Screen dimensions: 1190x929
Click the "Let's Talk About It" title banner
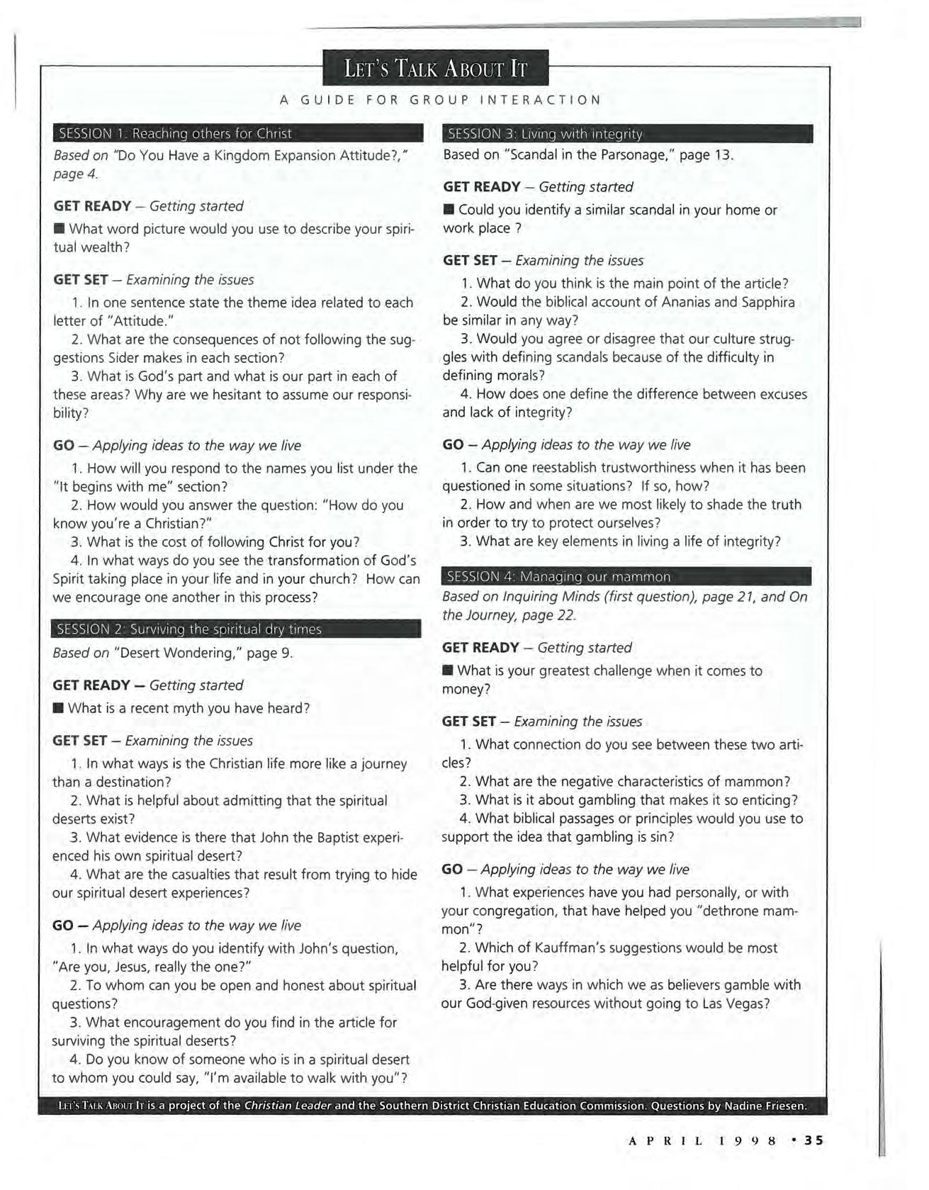435,69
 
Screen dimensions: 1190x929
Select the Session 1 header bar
237,133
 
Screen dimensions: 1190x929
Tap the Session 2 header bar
236,629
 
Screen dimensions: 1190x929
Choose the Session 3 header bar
627,133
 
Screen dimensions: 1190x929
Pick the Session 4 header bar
626,576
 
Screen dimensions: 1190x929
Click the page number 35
814,1140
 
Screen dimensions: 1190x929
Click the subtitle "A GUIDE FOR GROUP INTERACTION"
440,100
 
